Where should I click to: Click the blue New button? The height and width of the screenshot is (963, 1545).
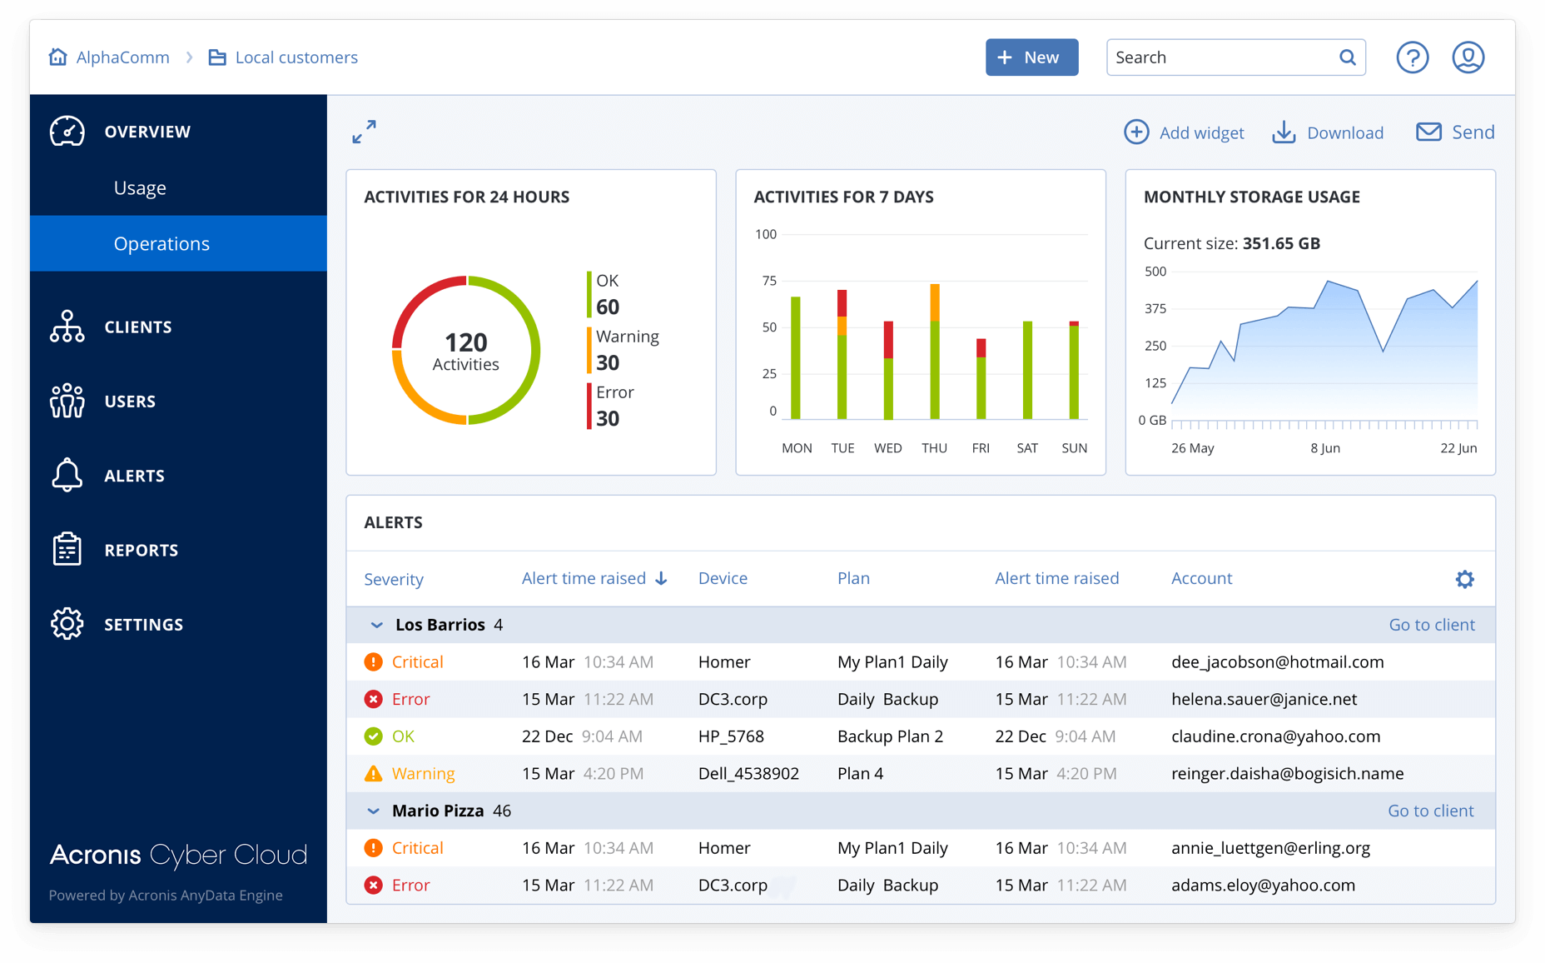[x=1031, y=57]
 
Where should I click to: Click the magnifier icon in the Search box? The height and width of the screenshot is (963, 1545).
[x=1347, y=57]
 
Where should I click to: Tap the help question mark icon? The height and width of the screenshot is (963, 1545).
[x=1412, y=57]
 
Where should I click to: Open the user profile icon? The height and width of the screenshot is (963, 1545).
[x=1468, y=57]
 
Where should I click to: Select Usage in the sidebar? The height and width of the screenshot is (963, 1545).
[x=140, y=188]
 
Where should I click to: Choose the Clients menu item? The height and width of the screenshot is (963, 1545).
[x=137, y=327]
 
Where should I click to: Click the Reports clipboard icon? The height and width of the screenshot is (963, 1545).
[x=67, y=550]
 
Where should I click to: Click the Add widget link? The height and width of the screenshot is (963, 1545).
[x=1184, y=132]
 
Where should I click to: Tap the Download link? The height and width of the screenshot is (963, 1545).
[x=1328, y=132]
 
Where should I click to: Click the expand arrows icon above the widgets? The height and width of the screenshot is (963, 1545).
[x=364, y=132]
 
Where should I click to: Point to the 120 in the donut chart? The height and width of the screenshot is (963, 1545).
[x=465, y=342]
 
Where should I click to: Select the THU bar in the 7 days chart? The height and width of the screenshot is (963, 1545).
[x=935, y=352]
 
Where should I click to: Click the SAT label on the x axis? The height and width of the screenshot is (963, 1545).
[x=1027, y=448]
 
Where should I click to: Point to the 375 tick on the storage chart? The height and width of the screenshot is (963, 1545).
[x=1155, y=309]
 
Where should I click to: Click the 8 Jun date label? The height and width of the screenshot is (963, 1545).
[x=1325, y=448]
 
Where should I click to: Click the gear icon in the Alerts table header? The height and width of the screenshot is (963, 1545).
[x=1464, y=579]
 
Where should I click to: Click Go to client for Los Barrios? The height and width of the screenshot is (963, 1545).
[x=1432, y=625]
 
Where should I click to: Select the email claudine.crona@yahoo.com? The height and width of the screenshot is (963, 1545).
[x=1275, y=736]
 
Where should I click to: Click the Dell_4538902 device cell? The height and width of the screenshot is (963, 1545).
[x=748, y=774]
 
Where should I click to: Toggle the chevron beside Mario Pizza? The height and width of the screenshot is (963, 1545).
[x=374, y=811]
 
